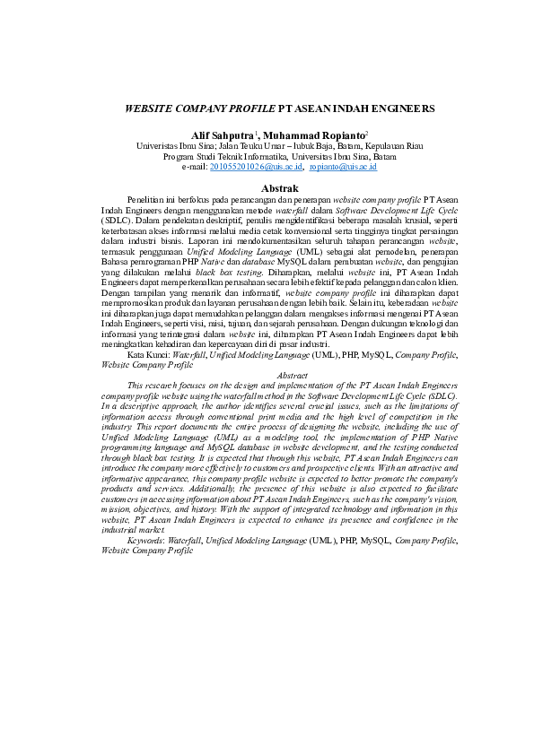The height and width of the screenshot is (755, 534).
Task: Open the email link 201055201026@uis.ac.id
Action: point(255,167)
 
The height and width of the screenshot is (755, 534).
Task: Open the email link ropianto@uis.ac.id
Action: point(343,167)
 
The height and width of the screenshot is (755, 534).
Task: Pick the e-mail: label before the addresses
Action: point(194,167)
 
